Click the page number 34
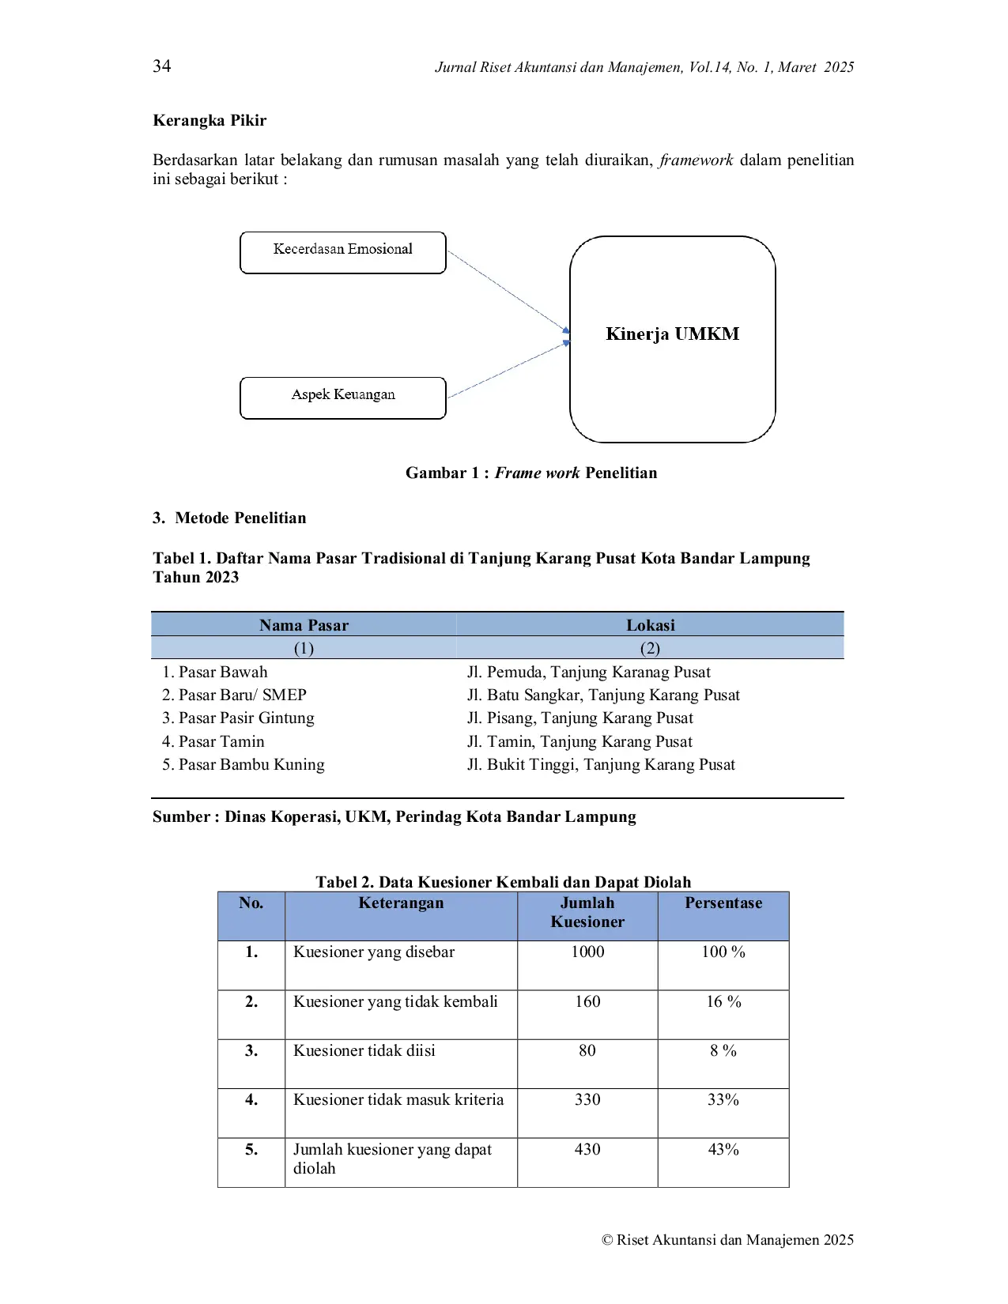161,66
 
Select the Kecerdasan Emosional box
343,253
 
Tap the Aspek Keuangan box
343,398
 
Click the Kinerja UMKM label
673,334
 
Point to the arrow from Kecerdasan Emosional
508,291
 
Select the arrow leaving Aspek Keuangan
508,369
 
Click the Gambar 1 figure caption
531,473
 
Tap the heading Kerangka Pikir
210,121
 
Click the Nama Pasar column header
304,625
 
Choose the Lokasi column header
650,625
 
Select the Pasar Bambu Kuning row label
244,764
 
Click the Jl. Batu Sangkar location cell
603,695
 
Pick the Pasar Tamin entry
213,742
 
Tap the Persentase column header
723,903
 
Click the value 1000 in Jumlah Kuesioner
587,952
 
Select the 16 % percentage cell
723,1001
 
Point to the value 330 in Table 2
587,1099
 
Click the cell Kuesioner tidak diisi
364,1050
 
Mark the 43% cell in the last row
723,1149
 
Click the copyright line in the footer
727,1240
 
